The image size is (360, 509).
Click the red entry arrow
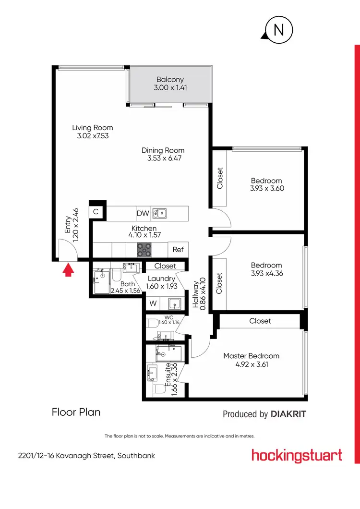pos(69,271)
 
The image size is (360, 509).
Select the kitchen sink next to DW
pos(159,213)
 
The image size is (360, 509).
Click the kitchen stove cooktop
pos(144,249)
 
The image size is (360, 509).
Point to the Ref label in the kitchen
pos(178,250)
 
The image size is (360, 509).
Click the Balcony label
pos(170,80)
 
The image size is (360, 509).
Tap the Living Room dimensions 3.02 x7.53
pos(93,136)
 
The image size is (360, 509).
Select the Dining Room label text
pos(163,150)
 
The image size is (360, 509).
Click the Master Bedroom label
pos(251,356)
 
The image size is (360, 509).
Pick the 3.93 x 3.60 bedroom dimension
pos(267,189)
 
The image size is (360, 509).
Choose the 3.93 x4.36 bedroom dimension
pos(266,273)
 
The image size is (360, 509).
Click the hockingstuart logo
pos(297,455)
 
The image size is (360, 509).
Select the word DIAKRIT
pos(288,414)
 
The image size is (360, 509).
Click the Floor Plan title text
pos(76,412)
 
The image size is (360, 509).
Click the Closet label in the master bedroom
pos(260,321)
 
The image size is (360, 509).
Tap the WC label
pos(168,317)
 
